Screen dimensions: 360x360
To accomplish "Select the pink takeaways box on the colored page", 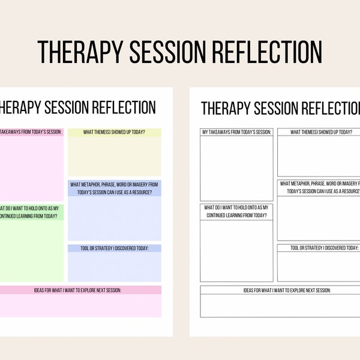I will [x=31, y=165].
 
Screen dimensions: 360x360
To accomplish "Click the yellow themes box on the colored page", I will [x=114, y=156].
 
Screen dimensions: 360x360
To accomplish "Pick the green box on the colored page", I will [x=31, y=249].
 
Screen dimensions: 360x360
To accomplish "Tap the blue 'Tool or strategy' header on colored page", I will [x=114, y=248].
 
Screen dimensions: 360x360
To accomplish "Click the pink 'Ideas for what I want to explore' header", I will [x=78, y=290].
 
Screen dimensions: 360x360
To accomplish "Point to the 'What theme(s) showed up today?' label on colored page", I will [x=114, y=132].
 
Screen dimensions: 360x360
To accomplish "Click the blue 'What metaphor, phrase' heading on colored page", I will [x=114, y=187].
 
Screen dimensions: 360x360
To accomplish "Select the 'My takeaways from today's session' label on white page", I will [x=236, y=132].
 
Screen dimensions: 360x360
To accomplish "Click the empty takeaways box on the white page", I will [x=236, y=168].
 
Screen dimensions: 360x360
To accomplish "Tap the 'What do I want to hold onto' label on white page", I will [x=236, y=211].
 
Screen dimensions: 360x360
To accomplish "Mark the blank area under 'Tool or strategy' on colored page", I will [x=114, y=267].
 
